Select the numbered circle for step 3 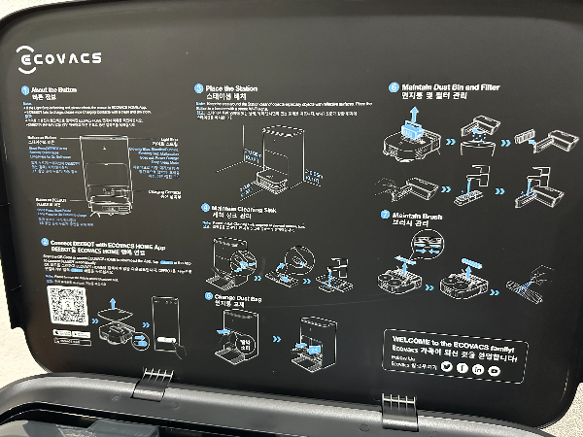pos(198,88)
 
